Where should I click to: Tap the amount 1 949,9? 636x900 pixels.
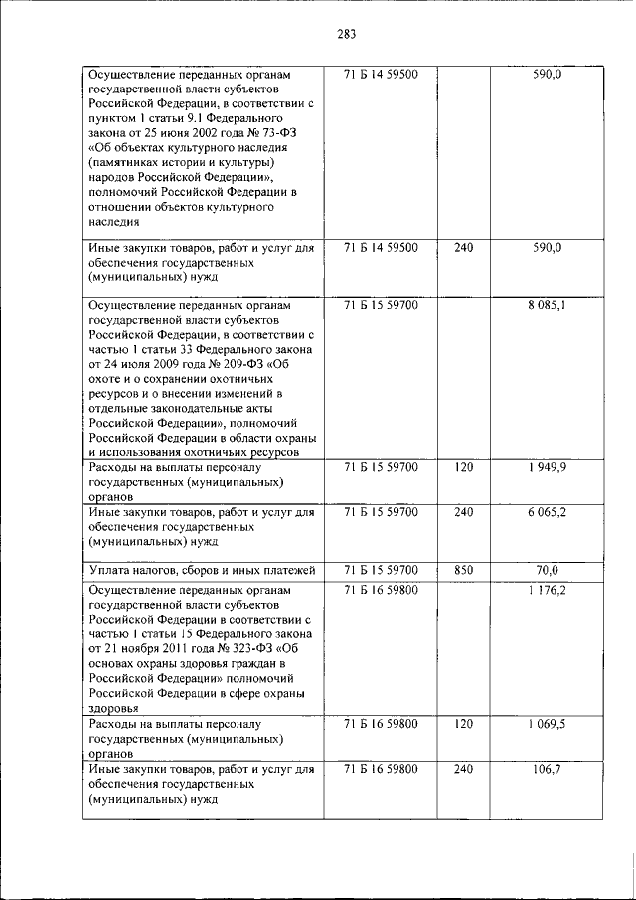[547, 466]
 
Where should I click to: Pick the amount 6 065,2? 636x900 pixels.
[547, 512]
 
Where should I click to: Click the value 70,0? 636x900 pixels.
[547, 570]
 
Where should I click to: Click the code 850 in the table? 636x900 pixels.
[463, 570]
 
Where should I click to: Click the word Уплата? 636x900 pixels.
[111, 570]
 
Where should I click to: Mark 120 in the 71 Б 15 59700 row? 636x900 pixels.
[463, 466]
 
